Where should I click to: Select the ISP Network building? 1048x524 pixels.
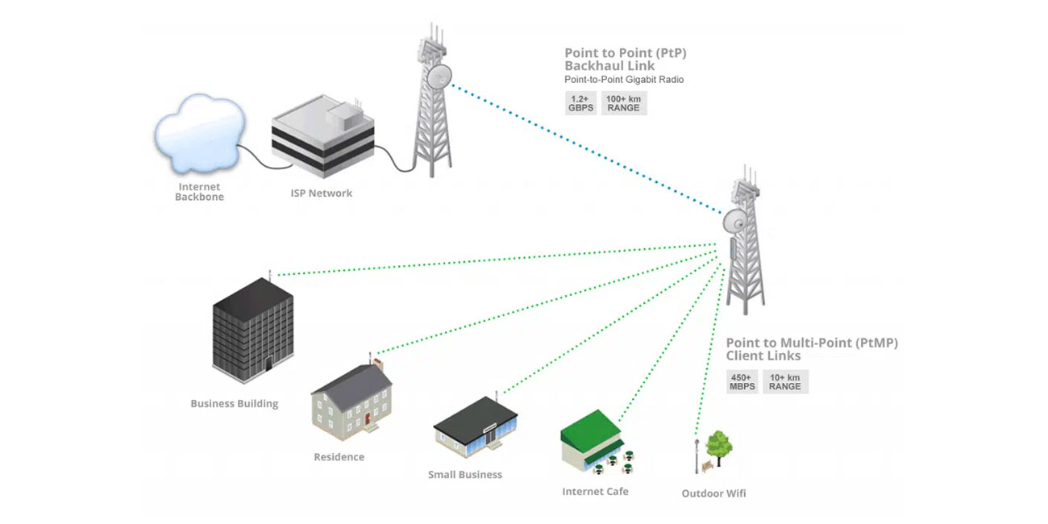[x=322, y=141]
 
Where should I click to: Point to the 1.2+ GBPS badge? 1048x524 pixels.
[x=581, y=103]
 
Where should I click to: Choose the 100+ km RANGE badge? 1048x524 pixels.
[x=623, y=103]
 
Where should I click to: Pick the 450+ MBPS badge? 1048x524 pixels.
[x=742, y=381]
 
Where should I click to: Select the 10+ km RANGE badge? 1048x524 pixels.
[x=784, y=381]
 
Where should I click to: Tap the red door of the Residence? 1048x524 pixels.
[x=367, y=419]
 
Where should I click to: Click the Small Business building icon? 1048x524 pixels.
[x=476, y=428]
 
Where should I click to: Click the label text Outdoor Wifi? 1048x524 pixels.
[x=713, y=493]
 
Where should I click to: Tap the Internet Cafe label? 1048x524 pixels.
[x=595, y=491]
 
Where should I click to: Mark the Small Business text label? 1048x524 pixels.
[x=464, y=475]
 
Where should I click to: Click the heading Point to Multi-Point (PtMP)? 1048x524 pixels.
[x=811, y=343]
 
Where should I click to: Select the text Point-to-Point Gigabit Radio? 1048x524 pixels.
[x=624, y=80]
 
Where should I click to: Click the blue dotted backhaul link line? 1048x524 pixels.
[x=588, y=148]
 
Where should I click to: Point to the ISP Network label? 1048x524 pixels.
[x=321, y=193]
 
